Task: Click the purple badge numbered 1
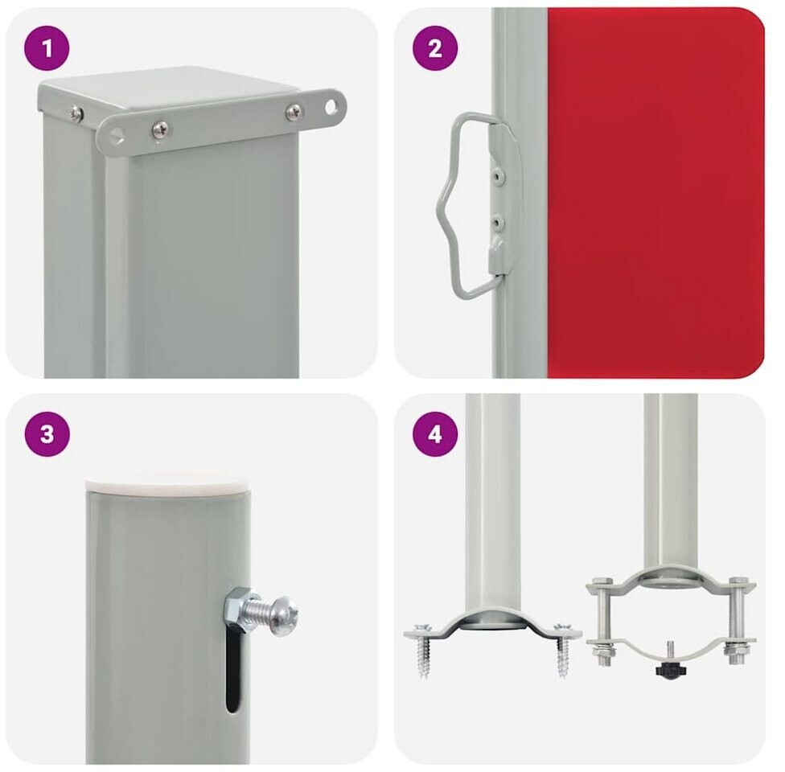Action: click(47, 48)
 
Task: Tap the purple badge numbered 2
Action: click(435, 48)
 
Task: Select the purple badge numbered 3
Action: click(47, 433)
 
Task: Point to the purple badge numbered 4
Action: click(435, 433)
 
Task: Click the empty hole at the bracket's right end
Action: click(331, 107)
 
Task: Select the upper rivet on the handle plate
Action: click(497, 175)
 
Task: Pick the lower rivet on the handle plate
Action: click(497, 221)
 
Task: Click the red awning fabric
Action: click(656, 193)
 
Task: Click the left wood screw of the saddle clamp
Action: click(424, 650)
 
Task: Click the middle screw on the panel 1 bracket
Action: click(160, 130)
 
